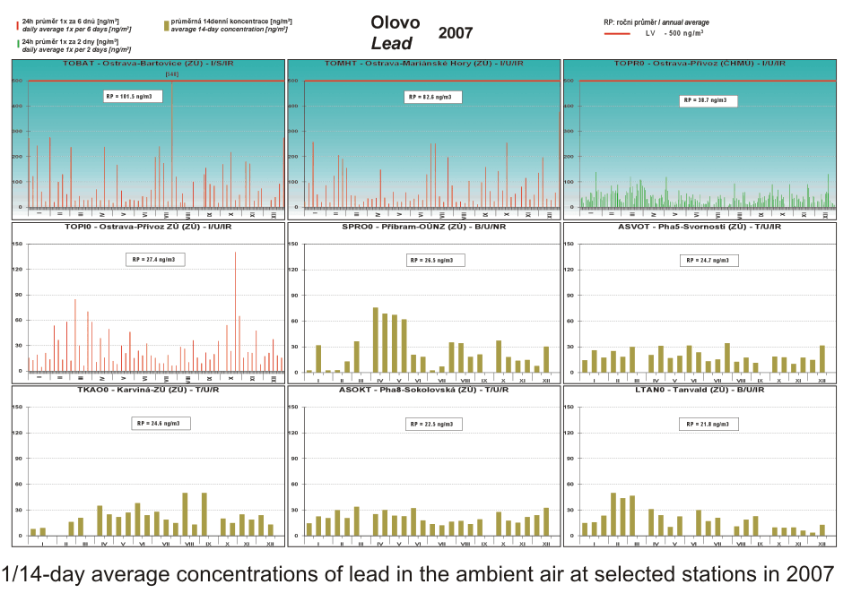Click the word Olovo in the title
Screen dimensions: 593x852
click(395, 23)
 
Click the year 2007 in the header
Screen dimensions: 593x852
click(456, 33)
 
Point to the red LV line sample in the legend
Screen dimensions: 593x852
click(619, 33)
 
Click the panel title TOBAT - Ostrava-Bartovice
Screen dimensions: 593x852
click(148, 64)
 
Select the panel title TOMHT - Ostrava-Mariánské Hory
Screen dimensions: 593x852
click(424, 64)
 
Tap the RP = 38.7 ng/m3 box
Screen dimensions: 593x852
click(708, 100)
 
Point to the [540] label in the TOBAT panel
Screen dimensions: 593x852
click(172, 73)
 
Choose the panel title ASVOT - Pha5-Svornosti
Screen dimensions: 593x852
click(700, 228)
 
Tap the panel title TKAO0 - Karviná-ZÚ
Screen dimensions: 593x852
click(148, 391)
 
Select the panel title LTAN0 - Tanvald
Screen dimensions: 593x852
click(700, 391)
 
